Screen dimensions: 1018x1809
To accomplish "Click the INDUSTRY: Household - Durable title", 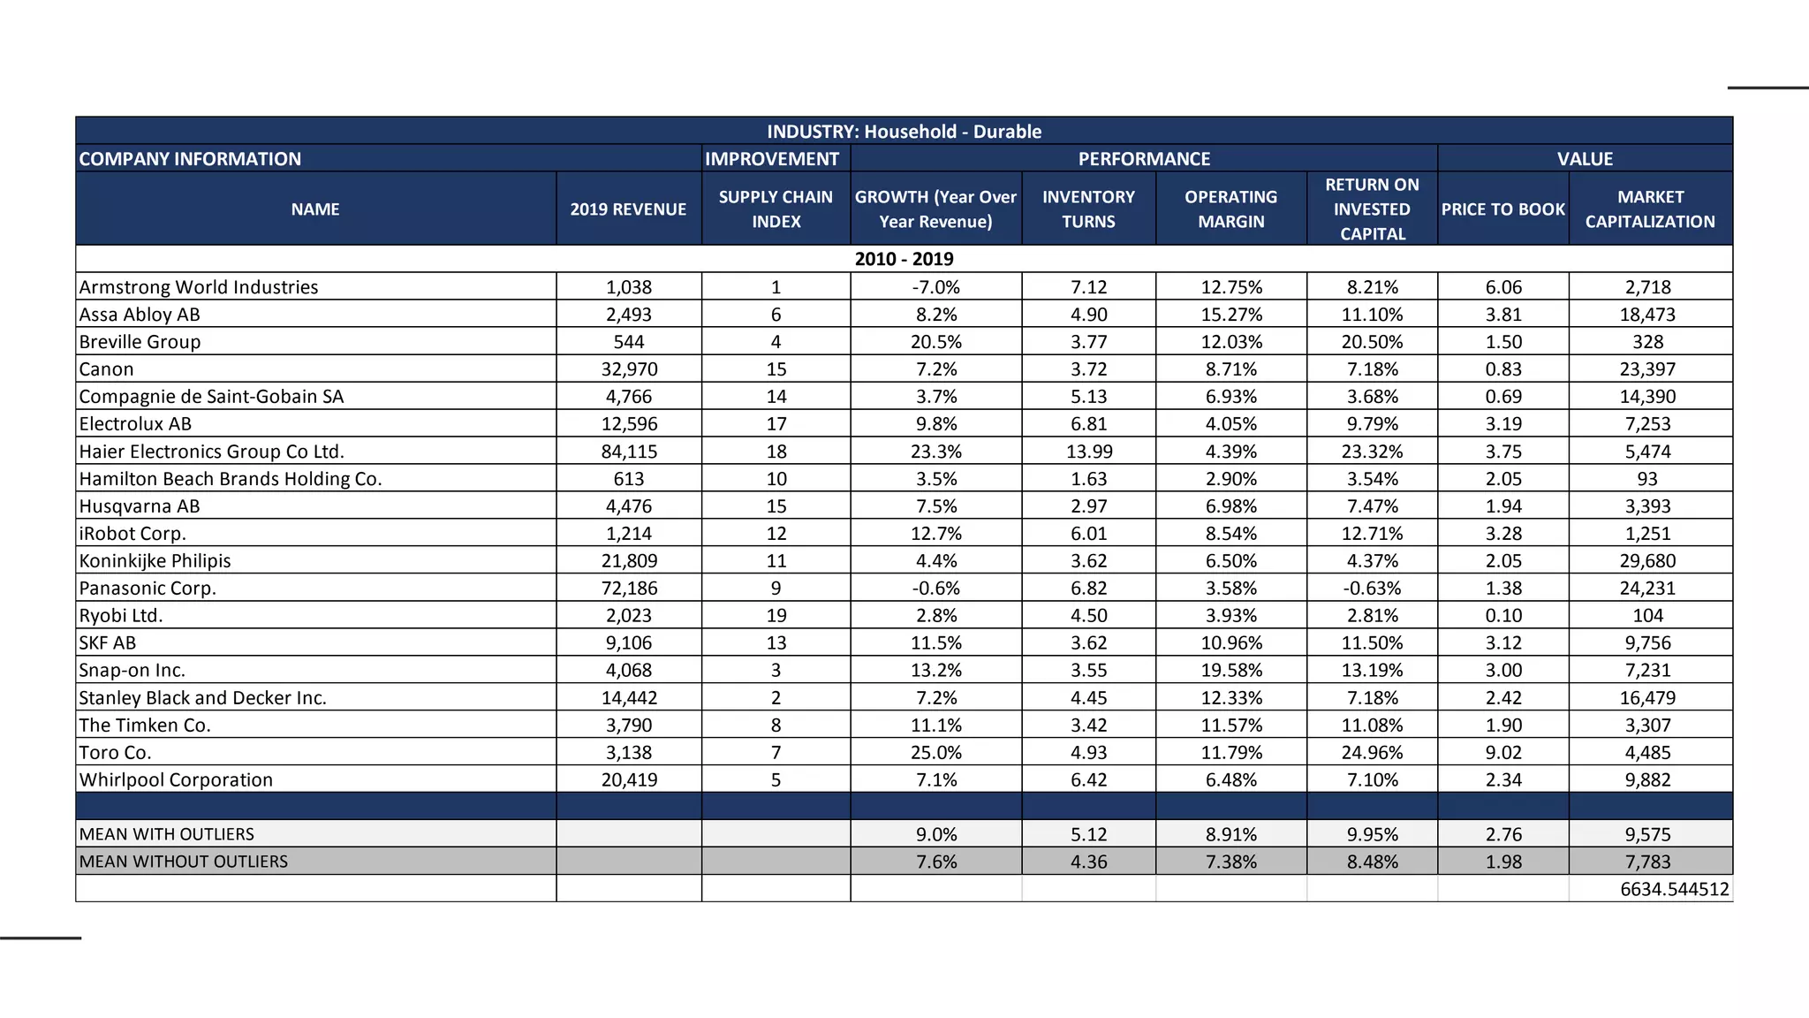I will click(x=904, y=132).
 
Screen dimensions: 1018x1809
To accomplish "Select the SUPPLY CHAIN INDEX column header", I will click(x=776, y=209).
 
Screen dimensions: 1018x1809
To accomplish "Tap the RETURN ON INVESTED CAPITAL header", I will click(x=1372, y=209).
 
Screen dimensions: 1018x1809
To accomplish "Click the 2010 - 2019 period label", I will click(x=904, y=259).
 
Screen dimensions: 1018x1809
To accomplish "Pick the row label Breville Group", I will click(x=140, y=342).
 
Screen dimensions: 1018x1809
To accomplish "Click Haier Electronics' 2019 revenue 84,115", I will click(x=629, y=452).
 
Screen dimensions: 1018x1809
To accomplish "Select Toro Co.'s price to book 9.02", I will click(x=1503, y=753).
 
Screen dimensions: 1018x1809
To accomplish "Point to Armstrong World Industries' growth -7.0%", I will click(x=935, y=287).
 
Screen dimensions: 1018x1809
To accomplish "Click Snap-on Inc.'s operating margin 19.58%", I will click(x=1230, y=671).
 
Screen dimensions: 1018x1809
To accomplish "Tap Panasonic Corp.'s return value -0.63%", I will click(x=1372, y=589).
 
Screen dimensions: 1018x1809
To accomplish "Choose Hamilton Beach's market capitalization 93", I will click(x=1647, y=479).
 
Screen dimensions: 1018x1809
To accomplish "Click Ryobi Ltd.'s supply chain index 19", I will click(x=776, y=616).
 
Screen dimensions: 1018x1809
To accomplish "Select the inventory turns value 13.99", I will click(x=1088, y=452).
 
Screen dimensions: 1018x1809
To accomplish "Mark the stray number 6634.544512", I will click(x=1674, y=889).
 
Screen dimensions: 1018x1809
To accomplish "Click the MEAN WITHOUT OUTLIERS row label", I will click(x=184, y=862).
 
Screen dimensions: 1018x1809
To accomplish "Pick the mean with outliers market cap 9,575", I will click(x=1647, y=834).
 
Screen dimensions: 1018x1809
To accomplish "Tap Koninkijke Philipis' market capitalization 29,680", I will click(x=1647, y=561).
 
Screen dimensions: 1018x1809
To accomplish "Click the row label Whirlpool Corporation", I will click(x=176, y=780).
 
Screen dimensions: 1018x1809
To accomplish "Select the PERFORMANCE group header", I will click(x=1143, y=159).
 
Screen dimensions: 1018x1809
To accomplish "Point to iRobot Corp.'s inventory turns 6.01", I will click(x=1088, y=534).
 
